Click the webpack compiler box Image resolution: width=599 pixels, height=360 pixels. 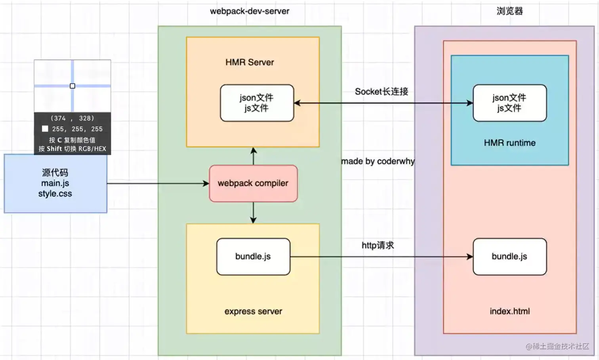253,183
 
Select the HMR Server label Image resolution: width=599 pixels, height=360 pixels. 250,62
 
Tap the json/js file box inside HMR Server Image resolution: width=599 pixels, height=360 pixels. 257,103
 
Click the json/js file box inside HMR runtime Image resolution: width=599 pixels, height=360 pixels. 509,103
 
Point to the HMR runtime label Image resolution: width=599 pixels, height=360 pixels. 509,143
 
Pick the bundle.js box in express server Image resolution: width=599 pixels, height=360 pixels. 253,257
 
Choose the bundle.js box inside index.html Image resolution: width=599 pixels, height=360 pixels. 509,257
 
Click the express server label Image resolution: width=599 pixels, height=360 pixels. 253,311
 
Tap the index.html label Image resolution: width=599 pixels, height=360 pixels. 509,311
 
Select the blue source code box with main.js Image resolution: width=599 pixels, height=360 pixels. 55,183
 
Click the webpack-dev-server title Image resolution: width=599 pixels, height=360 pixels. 250,11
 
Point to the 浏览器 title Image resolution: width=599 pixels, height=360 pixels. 509,11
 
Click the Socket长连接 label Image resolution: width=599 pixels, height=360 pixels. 381,91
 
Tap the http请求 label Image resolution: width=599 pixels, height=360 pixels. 378,246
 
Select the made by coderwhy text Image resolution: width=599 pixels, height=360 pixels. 378,161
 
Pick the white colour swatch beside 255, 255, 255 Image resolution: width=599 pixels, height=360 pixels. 45,129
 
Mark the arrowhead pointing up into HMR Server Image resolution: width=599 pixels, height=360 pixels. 254,150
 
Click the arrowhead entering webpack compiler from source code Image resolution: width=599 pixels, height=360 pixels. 206,183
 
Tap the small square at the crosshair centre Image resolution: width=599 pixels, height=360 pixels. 72,86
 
